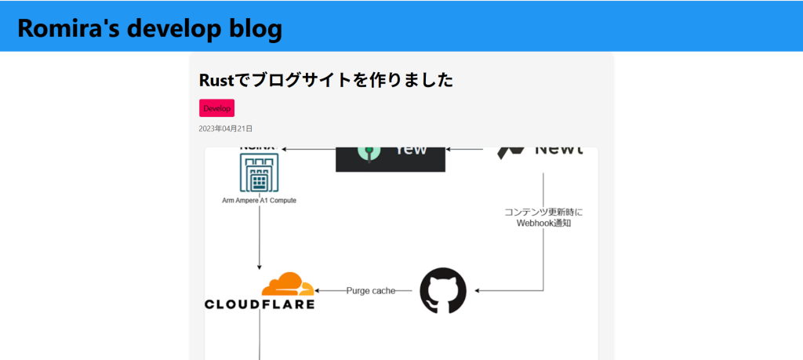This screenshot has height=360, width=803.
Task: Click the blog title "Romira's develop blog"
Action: pos(149,28)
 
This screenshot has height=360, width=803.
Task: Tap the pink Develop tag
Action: pos(216,108)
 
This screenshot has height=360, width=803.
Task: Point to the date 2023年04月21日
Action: pos(226,129)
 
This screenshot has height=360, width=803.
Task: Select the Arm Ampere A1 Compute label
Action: pos(259,201)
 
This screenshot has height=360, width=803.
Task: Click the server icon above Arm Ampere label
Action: pos(259,173)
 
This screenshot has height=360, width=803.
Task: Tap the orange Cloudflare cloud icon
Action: pos(288,284)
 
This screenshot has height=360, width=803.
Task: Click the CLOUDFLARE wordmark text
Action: pos(260,304)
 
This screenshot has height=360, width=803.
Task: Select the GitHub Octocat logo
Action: pos(443,291)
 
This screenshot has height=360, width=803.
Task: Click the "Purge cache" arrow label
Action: pos(371,291)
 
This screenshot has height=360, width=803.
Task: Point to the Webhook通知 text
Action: pos(543,223)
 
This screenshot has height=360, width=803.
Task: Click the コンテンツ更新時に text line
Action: pos(543,212)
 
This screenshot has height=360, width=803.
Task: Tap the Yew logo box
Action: pos(390,158)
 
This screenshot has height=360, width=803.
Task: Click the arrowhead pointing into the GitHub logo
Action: pos(478,291)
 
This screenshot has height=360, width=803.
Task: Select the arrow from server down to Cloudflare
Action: pos(260,239)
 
